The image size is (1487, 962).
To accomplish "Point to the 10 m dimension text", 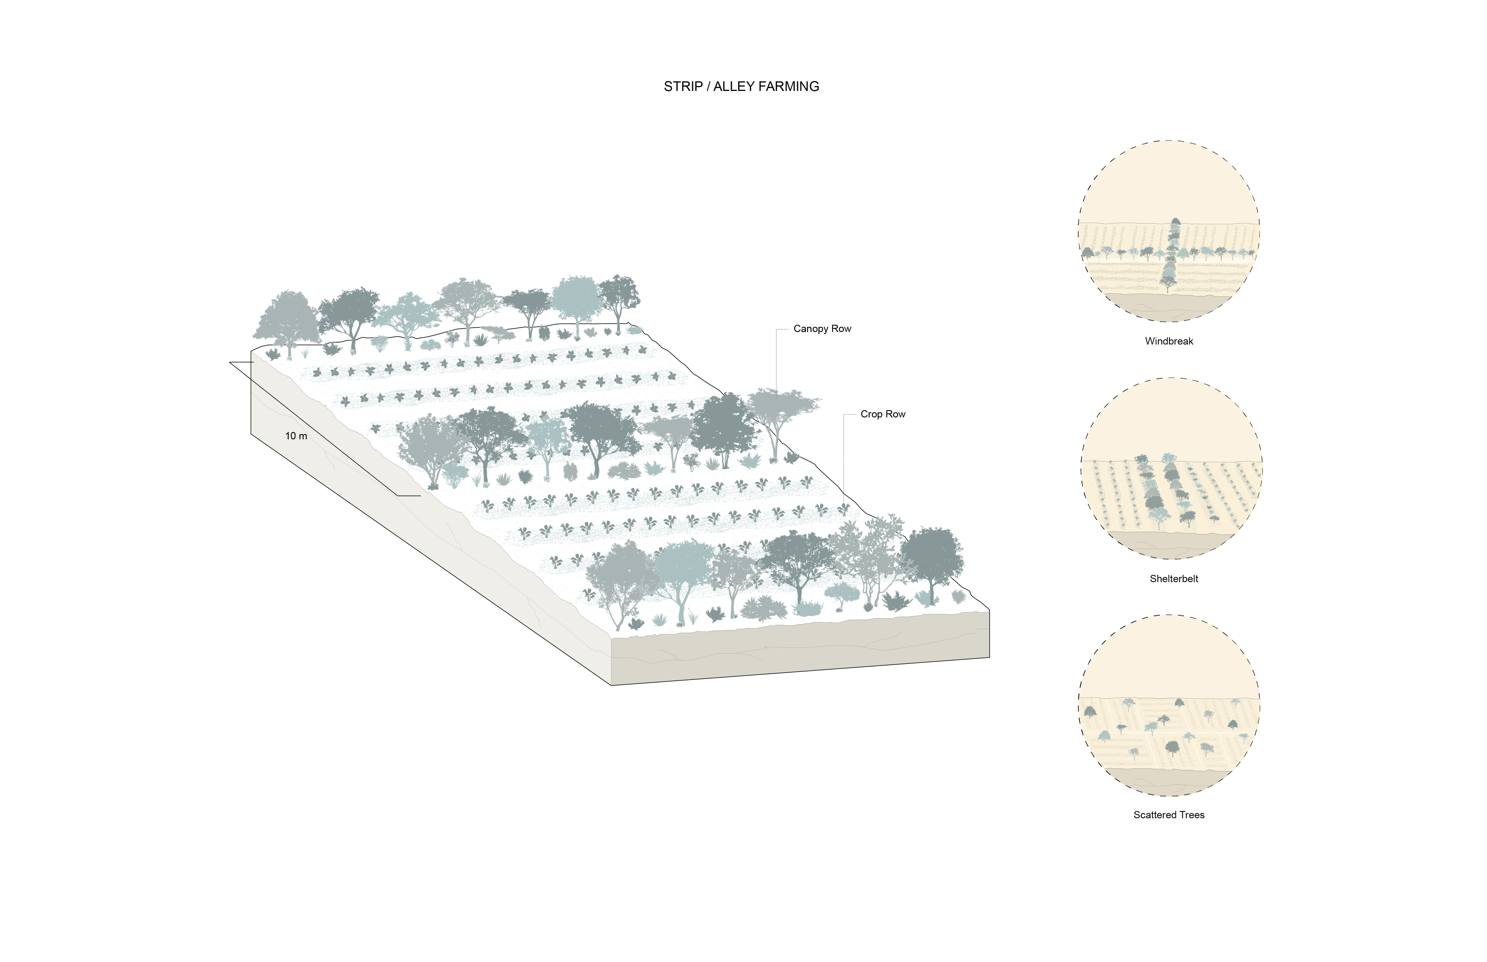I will (x=296, y=436).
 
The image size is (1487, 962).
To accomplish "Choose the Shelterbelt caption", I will (x=1173, y=578).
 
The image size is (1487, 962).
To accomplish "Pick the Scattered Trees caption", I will (x=1168, y=814).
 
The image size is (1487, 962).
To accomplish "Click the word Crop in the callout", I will (x=871, y=414).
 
